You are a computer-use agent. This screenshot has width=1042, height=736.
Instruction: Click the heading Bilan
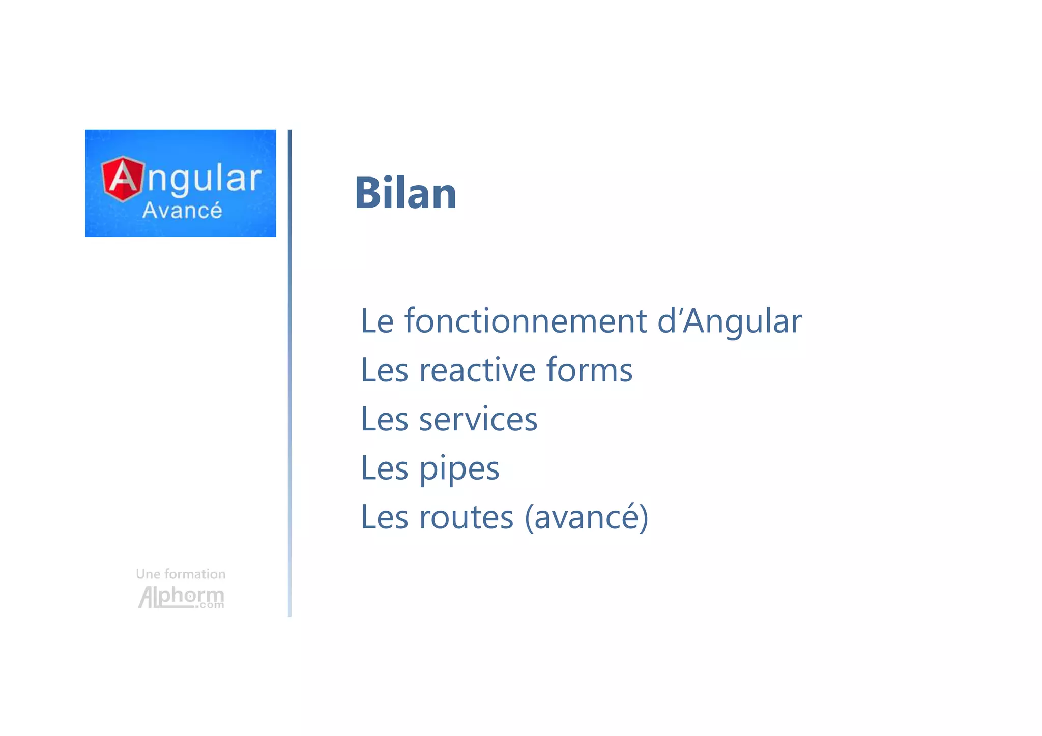pyautogui.click(x=406, y=193)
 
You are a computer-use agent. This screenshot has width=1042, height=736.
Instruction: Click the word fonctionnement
pyautogui.click(x=525, y=321)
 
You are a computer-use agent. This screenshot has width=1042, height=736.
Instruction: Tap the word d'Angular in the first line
pyautogui.click(x=729, y=321)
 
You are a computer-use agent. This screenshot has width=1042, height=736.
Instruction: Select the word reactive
pyautogui.click(x=477, y=370)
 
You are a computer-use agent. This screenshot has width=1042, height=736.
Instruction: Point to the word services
pyautogui.click(x=478, y=420)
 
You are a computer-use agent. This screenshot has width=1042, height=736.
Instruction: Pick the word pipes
pyautogui.click(x=459, y=469)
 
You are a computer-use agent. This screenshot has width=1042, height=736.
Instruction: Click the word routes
pyautogui.click(x=466, y=517)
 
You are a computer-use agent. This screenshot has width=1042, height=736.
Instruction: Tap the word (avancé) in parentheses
pyautogui.click(x=586, y=517)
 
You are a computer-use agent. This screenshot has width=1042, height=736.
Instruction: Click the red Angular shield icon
pyautogui.click(x=123, y=179)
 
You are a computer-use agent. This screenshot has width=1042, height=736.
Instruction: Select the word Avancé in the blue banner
pyautogui.click(x=182, y=211)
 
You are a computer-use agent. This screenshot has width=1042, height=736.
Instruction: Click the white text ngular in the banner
pyautogui.click(x=204, y=179)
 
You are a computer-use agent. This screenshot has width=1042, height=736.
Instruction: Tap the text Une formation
pyautogui.click(x=181, y=574)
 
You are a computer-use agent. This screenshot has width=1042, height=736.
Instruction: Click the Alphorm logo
pyautogui.click(x=181, y=596)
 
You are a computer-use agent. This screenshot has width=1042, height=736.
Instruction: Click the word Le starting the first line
pyautogui.click(x=377, y=321)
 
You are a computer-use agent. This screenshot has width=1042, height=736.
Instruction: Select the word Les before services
pyautogui.click(x=384, y=420)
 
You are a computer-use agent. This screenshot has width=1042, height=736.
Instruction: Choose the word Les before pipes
pyautogui.click(x=384, y=469)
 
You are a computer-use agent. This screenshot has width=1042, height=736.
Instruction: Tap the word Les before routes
pyautogui.click(x=384, y=517)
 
